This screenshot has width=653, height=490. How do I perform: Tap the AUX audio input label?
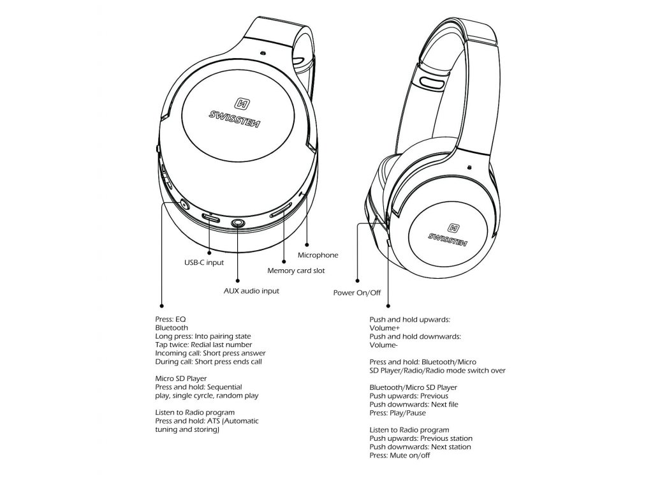pos(251,291)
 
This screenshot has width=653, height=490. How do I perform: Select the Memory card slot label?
pos(296,271)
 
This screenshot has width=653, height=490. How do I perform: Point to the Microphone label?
pos(318,255)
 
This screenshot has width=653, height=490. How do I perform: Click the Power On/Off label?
pos(357,293)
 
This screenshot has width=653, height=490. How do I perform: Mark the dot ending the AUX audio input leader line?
pos(238,279)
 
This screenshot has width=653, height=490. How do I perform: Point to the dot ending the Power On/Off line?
pos(357,281)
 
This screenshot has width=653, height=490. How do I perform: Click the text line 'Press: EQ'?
pos(171,319)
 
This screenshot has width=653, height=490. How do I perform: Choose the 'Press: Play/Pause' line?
pos(398,413)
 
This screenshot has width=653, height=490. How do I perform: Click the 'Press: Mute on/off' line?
pos(400,456)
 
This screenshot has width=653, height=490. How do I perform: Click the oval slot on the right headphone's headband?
pos(432,83)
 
